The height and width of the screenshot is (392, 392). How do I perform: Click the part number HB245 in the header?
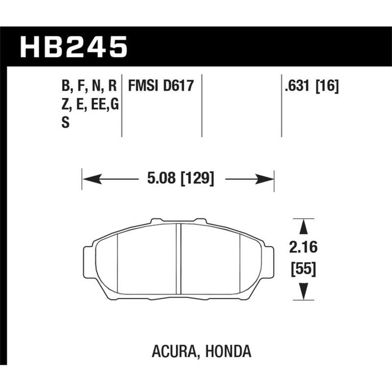tap(73, 47)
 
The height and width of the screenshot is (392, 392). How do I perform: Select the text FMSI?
tap(143, 86)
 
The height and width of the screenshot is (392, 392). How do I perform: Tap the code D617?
tap(179, 86)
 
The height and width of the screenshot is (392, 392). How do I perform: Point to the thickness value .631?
tap(297, 86)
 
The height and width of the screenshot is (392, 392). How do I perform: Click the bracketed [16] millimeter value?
tap(327, 86)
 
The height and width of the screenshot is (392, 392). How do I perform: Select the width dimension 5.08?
tap(161, 179)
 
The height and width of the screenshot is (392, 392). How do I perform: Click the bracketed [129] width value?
tap(197, 179)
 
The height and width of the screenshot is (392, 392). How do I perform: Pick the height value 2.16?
tap(304, 248)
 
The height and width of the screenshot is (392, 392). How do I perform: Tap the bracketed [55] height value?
tap(304, 269)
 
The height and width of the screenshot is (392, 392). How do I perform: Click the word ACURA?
tap(173, 351)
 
